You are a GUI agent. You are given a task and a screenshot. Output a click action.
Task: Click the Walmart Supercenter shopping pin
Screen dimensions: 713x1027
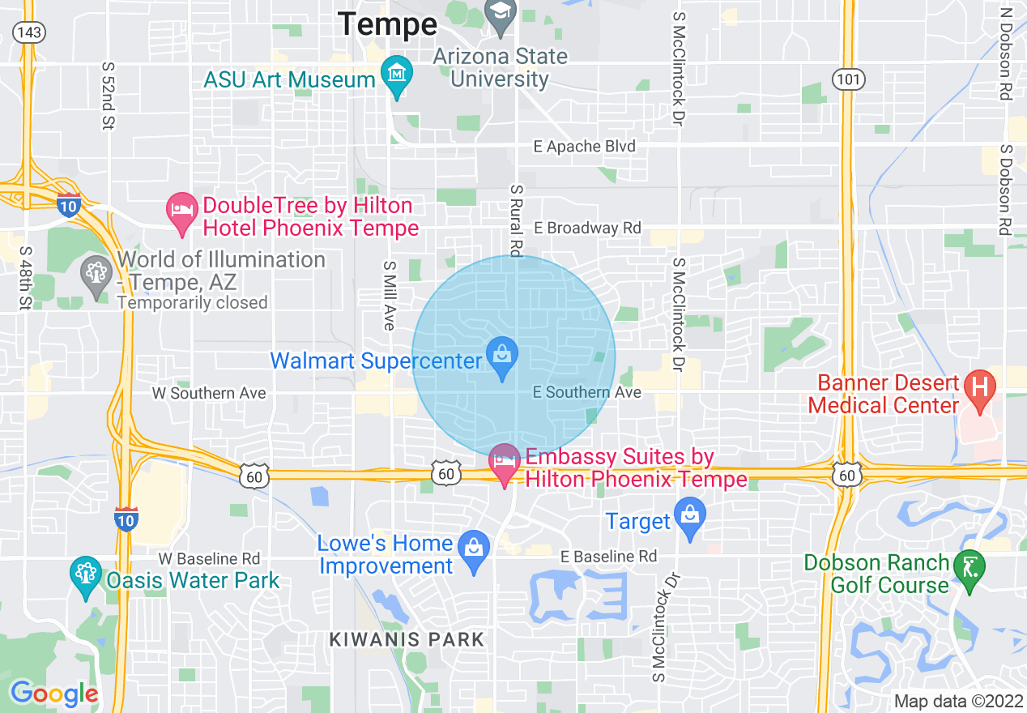pos(502,357)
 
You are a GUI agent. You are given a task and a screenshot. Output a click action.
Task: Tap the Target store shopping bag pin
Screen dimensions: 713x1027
pos(689,519)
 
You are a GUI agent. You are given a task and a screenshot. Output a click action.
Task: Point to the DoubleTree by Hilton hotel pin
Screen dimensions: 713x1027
pos(182,212)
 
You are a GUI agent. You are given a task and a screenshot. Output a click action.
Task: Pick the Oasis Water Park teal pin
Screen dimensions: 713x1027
pos(86,575)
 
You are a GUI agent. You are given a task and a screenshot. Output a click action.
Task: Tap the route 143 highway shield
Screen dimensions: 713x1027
pos(29,32)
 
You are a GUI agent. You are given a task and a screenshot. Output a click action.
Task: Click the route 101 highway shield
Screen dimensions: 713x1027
pos(848,79)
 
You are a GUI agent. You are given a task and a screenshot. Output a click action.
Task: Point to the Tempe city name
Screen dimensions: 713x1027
pos(387,23)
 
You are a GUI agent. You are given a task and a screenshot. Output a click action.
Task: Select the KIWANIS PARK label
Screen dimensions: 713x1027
pos(407,639)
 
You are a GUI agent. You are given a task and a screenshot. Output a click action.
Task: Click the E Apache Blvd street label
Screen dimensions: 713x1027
pos(584,147)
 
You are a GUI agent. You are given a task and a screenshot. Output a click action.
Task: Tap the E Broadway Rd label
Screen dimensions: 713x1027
pos(594,228)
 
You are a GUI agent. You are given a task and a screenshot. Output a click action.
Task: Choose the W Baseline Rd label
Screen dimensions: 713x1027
pos(209,559)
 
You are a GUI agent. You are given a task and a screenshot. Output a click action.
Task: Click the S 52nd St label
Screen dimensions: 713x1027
pos(107,96)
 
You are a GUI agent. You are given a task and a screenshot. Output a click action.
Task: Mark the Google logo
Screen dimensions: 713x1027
pos(54,694)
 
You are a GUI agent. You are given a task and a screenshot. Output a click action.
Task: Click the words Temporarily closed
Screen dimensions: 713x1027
pos(192,303)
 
